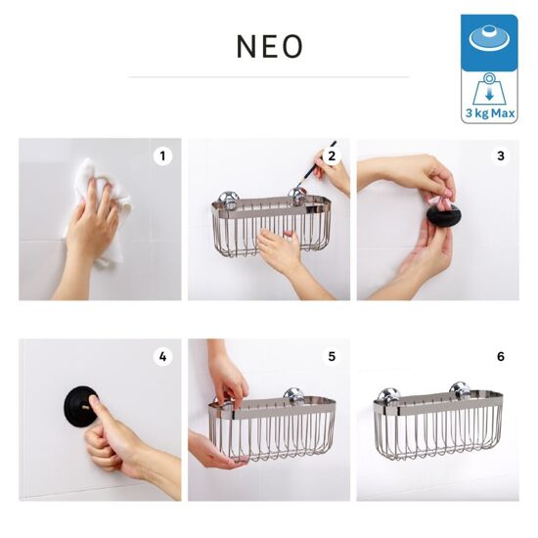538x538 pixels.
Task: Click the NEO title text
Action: point(270,46)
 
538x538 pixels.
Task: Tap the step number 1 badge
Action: point(162,157)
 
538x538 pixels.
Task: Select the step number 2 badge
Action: point(332,157)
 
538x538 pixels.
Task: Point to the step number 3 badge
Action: point(501,157)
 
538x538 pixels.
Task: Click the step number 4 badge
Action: point(162,357)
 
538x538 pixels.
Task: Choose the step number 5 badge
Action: point(332,357)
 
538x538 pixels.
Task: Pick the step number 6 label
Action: point(501,357)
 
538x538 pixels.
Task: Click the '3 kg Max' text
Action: point(490,112)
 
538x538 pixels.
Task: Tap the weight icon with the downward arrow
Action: point(489,90)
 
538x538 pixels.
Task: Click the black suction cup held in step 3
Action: point(443,215)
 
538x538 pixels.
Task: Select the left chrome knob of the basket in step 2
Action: point(228,200)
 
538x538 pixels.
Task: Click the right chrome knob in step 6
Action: point(461,390)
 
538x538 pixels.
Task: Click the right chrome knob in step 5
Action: point(294,395)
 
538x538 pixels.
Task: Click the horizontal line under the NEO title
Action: point(269,77)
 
